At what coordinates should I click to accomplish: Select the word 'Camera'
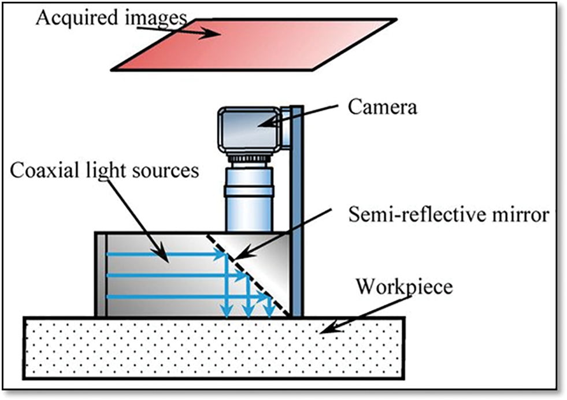coord(383,107)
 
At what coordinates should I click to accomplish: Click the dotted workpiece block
coord(173,347)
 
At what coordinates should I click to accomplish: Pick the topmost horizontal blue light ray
coord(162,254)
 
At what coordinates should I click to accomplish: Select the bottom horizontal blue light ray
coord(173,296)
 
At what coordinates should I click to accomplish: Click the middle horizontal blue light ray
coord(168,275)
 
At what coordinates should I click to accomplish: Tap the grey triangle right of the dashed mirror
coord(272,255)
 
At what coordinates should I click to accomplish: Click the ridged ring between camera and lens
coord(249,158)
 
